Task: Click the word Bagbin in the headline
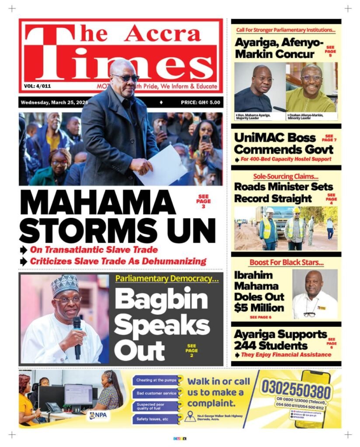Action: pos(161,300)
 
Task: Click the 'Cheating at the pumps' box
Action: pos(156,380)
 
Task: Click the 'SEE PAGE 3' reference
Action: pos(203,201)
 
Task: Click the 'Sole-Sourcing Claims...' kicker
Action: pos(286,177)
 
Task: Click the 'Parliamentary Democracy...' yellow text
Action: pos(167,278)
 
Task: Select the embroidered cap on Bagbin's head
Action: pos(65,284)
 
